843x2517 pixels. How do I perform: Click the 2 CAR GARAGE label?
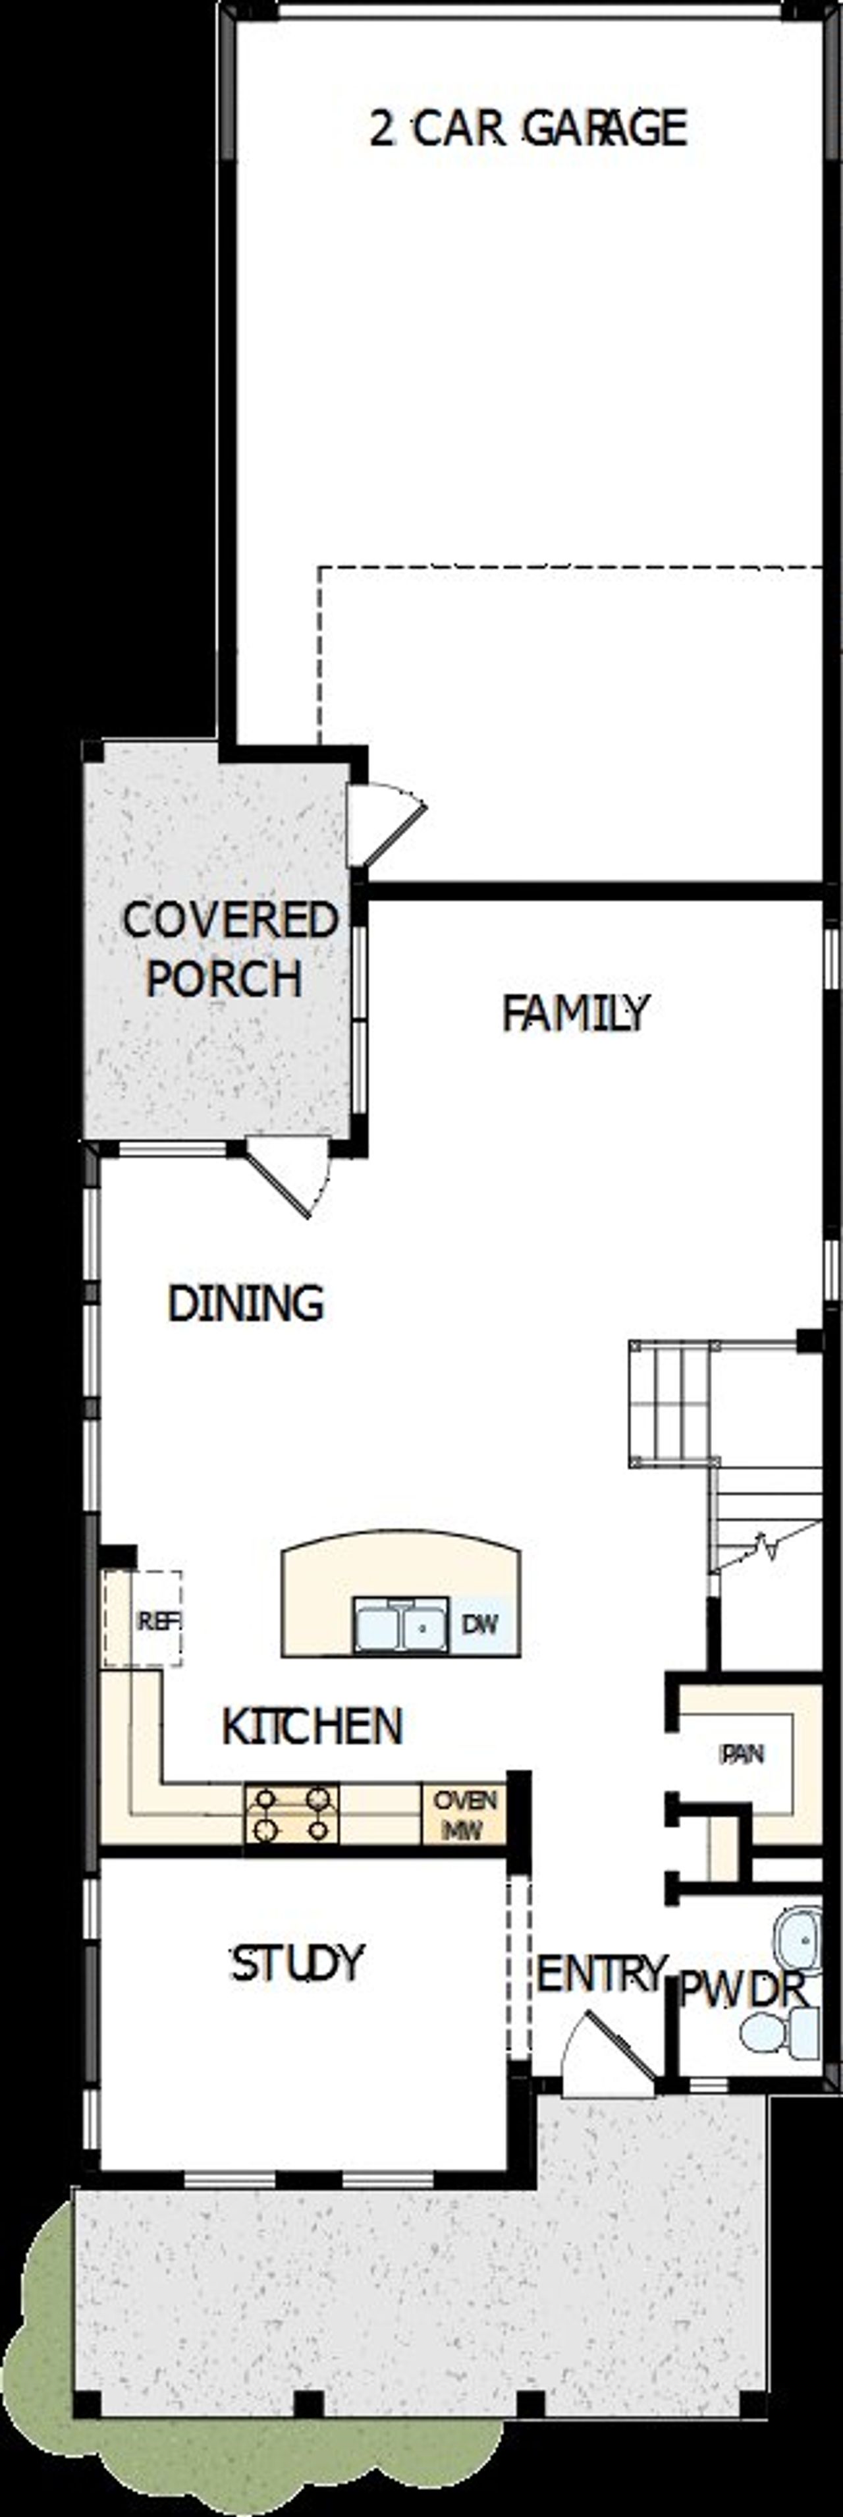coord(528,128)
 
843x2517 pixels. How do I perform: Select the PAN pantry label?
coord(742,1754)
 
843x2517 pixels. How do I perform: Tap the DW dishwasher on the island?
coord(479,1624)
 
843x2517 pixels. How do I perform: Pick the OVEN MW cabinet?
coord(464,1813)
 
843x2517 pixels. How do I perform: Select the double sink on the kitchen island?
coord(400,1625)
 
